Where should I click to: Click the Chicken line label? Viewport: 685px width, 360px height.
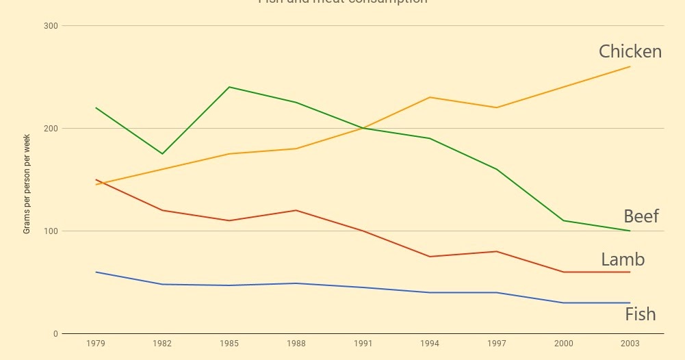630,51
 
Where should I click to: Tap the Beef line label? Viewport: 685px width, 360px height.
641,216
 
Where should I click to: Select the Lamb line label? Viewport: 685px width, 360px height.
623,259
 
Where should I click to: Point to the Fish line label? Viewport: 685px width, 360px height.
640,314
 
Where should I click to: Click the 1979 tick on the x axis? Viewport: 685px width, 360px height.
96,344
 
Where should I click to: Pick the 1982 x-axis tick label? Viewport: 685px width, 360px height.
162,344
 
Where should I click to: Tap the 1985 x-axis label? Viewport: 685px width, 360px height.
229,344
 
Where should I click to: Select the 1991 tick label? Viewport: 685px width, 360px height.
363,344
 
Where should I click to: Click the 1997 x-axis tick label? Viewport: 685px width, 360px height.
496,344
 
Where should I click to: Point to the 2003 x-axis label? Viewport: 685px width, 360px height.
630,344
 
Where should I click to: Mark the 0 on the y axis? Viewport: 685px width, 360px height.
55,334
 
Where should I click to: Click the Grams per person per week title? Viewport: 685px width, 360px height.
27,184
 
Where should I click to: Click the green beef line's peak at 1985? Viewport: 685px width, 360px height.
229,87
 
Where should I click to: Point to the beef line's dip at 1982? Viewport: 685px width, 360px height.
162,153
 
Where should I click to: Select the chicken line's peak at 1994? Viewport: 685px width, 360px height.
430,97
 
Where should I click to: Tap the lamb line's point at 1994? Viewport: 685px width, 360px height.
430,257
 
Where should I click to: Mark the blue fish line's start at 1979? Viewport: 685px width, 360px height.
96,272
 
